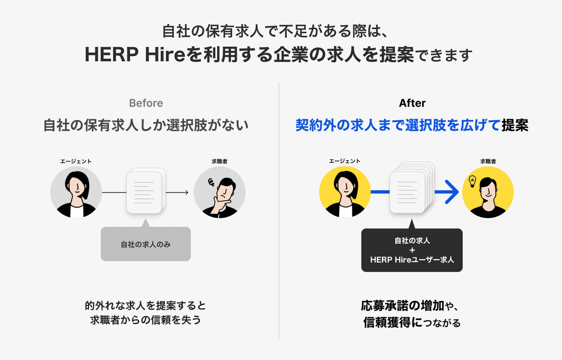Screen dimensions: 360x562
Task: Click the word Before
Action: [146, 103]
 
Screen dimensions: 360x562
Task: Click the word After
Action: [412, 103]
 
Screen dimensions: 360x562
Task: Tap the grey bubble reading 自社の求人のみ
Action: [146, 244]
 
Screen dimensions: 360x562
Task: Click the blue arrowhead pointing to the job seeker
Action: [451, 192]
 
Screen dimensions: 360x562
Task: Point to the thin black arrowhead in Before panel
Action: [186, 192]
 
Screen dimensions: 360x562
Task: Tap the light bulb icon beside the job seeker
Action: [473, 180]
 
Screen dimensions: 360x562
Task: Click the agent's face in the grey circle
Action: [75, 187]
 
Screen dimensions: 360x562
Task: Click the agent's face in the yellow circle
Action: [344, 187]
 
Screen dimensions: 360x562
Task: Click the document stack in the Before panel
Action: [145, 192]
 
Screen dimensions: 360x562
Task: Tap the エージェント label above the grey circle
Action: [76, 161]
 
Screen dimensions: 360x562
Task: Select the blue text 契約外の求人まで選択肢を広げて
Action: [398, 126]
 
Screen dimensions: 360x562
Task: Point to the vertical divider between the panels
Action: [279, 211]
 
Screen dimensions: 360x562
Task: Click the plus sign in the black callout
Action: [412, 250]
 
